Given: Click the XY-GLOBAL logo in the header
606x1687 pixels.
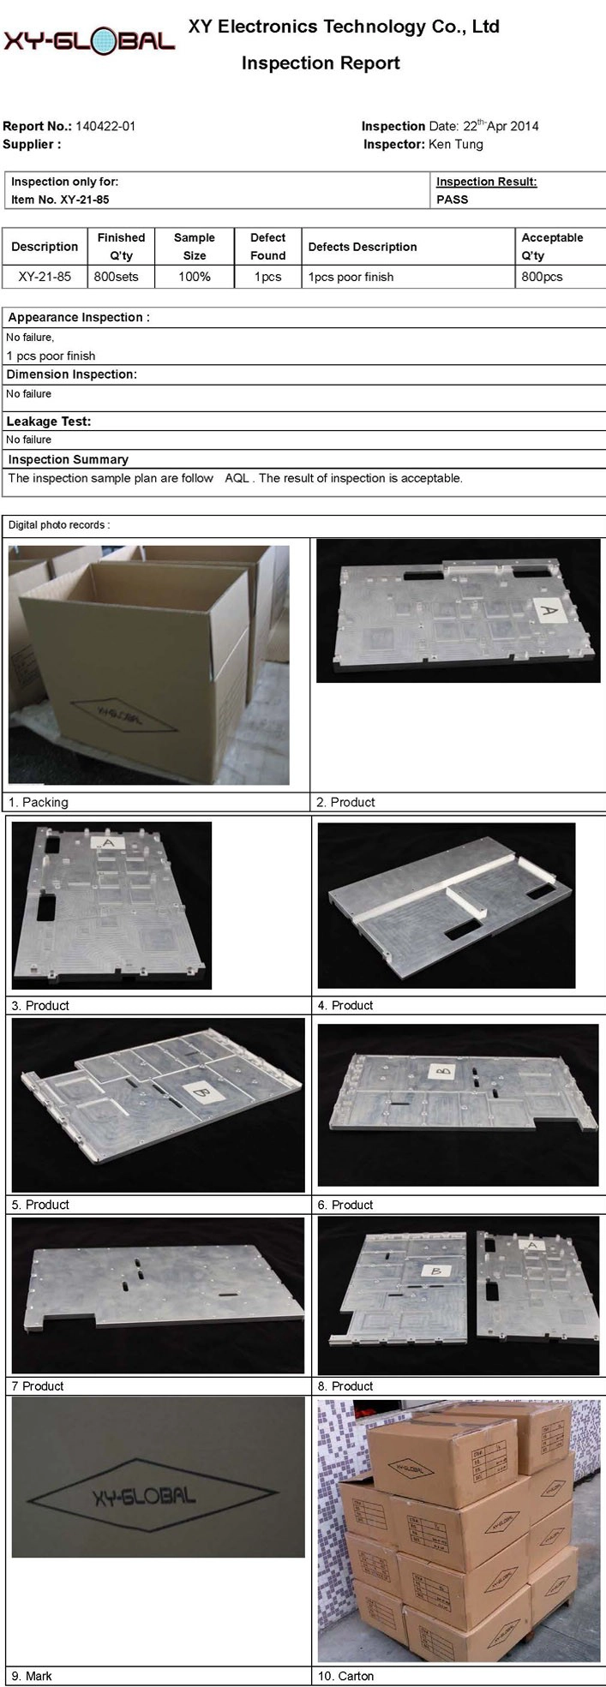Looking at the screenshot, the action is coord(89,39).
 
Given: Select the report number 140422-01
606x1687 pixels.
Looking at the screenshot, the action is coord(105,126).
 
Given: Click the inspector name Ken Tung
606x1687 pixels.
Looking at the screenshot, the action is coord(455,144).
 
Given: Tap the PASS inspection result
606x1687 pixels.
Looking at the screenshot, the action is coord(453,200).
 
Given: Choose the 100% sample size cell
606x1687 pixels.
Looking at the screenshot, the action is coord(195,277).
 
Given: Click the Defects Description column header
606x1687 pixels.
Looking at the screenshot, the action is coord(363,247).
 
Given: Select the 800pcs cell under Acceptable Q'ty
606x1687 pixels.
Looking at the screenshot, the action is coord(543,277).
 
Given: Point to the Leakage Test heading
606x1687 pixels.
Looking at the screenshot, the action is coord(49,422).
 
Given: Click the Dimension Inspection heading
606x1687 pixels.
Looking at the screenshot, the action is coord(72,374).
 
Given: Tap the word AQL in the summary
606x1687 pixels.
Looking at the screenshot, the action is coord(237,478).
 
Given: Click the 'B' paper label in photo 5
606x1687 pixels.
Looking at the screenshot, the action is coord(201,1092).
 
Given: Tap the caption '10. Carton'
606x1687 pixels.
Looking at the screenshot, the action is coord(345,1676).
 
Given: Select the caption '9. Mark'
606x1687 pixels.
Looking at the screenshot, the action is coord(31,1676).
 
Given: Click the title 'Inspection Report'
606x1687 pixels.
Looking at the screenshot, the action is coord(321,63).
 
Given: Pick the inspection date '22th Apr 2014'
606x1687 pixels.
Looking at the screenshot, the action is coord(501,125).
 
